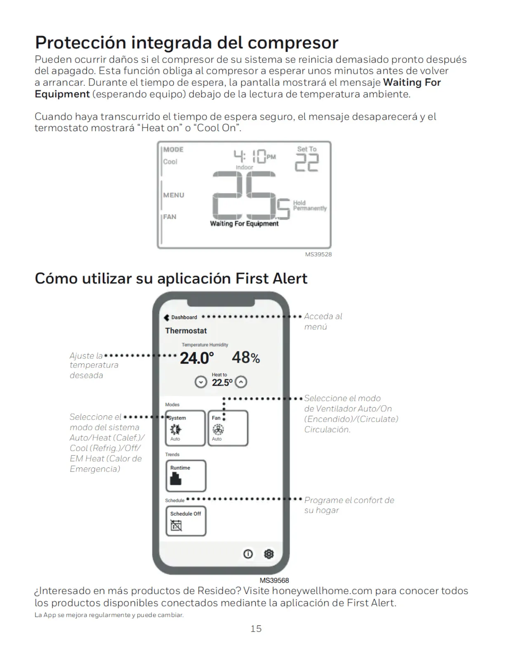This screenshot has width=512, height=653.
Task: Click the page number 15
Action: click(x=256, y=628)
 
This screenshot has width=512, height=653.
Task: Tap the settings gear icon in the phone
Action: click(x=269, y=554)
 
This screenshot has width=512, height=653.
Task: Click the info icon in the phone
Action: click(x=248, y=554)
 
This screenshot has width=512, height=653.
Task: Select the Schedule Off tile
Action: click(x=186, y=521)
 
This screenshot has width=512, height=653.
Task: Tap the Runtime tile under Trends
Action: click(x=186, y=476)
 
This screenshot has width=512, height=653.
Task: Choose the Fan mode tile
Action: click(x=228, y=428)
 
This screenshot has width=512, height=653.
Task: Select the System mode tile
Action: click(x=185, y=428)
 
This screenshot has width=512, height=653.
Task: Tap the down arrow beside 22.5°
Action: click(x=201, y=382)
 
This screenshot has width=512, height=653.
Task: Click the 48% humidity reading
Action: click(x=246, y=358)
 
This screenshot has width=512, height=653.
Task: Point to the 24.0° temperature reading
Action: click(x=197, y=358)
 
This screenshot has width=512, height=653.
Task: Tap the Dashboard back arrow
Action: click(x=167, y=317)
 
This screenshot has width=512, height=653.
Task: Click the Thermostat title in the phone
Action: click(x=186, y=330)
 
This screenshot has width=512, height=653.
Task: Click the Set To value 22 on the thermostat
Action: click(x=307, y=162)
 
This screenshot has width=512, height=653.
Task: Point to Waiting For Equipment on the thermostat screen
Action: click(x=244, y=223)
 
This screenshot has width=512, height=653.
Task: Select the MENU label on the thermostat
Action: click(x=174, y=195)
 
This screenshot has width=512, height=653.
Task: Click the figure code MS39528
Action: click(x=319, y=254)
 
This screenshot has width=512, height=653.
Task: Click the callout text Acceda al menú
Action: click(x=323, y=321)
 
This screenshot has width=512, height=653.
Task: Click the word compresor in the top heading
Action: click(x=293, y=42)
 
